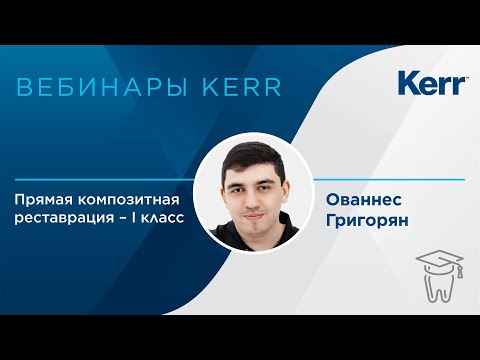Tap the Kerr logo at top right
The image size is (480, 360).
(x=432, y=83)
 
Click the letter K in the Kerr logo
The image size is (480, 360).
(x=408, y=83)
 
